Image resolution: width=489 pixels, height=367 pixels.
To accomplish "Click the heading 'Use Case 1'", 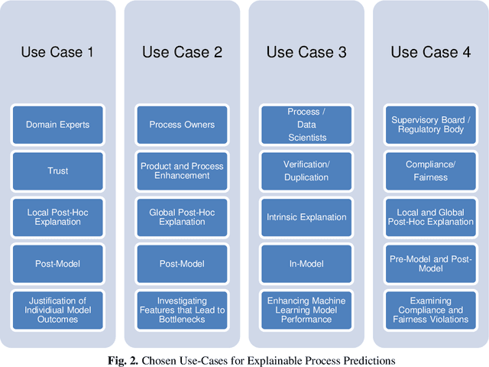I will click(57, 52).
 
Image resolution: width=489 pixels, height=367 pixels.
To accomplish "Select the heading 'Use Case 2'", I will click(182, 52).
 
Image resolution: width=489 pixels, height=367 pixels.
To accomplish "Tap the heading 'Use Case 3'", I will click(306, 52).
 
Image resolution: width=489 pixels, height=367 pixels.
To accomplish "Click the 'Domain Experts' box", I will click(57, 125).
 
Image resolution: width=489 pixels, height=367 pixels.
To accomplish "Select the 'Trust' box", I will click(57, 171).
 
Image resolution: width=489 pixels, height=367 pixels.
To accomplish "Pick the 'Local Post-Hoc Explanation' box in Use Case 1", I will click(57, 217).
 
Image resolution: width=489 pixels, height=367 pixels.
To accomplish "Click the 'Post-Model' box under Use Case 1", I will click(57, 263).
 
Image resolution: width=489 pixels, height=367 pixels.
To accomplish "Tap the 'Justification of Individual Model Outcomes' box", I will click(57, 309).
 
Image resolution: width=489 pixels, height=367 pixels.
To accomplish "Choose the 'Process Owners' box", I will click(182, 125).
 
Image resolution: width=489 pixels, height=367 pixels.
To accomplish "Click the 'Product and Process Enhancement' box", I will click(182, 171).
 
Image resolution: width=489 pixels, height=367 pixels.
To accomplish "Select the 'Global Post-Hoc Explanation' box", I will click(182, 217).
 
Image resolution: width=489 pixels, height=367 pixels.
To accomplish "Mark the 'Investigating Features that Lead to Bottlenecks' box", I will click(182, 309).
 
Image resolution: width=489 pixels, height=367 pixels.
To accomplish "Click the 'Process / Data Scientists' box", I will click(306, 125).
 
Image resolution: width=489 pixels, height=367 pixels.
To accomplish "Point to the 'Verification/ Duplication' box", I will click(306, 171).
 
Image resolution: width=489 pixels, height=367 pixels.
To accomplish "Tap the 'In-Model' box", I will click(306, 263).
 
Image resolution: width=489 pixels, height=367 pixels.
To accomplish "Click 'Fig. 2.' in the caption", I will click(141, 359).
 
